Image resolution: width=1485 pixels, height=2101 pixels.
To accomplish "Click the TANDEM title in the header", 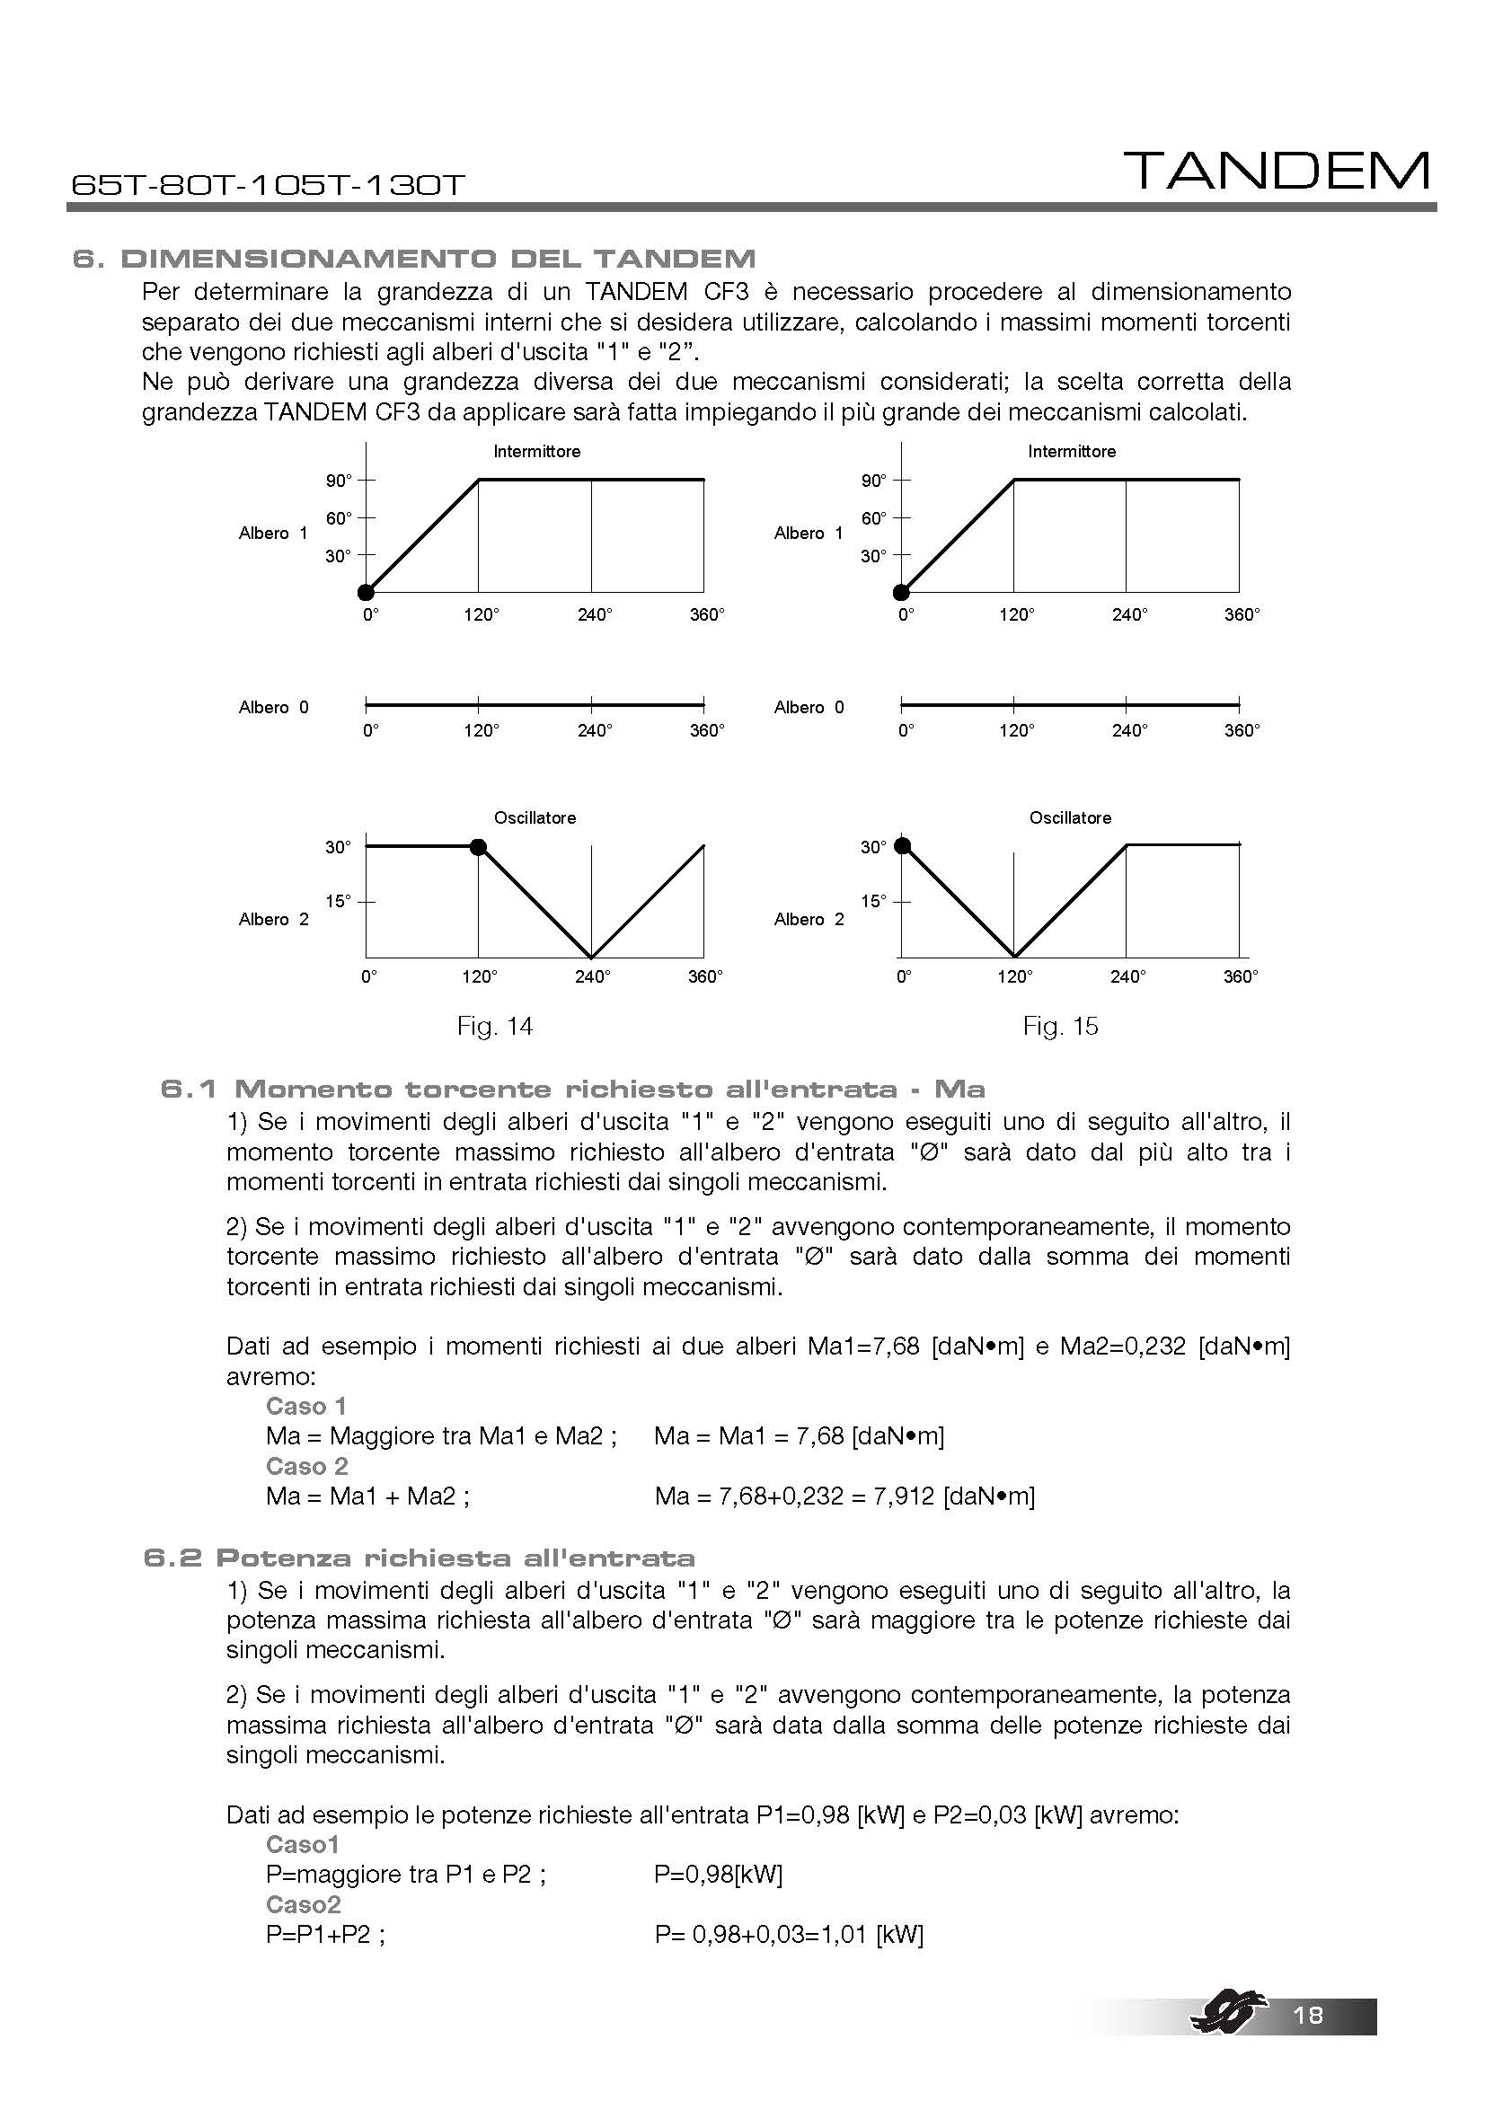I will click(1276, 172).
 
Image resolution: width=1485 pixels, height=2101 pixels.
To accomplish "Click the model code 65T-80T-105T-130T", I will click(268, 185).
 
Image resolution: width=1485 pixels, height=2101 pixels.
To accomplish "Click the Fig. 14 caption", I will click(494, 1026).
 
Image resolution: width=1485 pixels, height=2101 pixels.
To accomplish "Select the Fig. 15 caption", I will click(1059, 1026).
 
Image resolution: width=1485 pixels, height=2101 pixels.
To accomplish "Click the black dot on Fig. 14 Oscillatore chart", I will click(478, 846).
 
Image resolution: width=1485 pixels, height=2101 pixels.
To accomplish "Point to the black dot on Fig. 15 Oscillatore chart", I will click(902, 844).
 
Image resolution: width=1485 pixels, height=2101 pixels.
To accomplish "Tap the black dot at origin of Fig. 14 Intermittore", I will click(366, 592).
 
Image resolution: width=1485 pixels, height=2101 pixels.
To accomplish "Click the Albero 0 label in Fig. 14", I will click(274, 707).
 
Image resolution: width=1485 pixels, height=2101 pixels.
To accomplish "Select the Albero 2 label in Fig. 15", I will click(809, 919).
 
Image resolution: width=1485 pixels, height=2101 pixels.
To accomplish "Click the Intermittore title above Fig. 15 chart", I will click(1072, 451).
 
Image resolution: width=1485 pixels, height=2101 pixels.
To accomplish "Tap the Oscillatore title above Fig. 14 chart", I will click(535, 817).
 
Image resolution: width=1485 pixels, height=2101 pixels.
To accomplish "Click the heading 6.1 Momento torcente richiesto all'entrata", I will click(573, 1089).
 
